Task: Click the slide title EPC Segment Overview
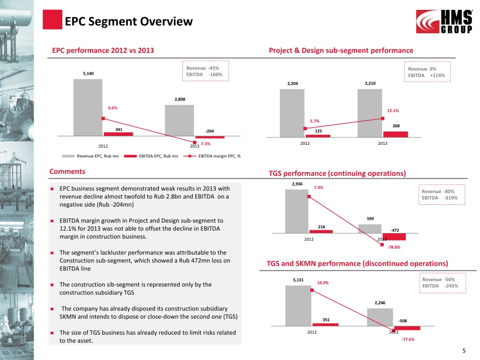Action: [128, 21]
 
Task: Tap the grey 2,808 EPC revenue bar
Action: [180, 120]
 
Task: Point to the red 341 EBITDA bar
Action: [118, 134]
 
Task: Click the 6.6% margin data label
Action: [112, 108]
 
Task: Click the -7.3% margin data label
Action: [205, 144]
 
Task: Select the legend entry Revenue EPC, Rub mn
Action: [97, 156]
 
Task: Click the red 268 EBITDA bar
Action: [396, 134]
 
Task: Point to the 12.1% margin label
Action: [393, 111]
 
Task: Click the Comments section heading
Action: [67, 172]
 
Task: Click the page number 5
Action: [464, 351]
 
